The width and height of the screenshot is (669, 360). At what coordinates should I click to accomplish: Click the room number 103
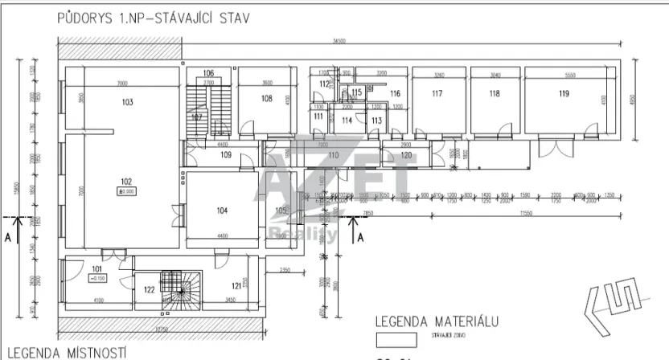pyautogui.click(x=126, y=103)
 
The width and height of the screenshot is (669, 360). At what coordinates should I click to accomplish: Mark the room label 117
pyautogui.click(x=437, y=94)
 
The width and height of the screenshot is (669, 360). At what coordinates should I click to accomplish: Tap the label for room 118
pyautogui.click(x=494, y=94)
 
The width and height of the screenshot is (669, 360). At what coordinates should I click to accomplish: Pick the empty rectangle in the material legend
pyautogui.click(x=396, y=340)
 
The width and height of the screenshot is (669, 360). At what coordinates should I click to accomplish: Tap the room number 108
pyautogui.click(x=267, y=99)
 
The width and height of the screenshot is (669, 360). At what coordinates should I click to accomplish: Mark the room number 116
pyautogui.click(x=395, y=94)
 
